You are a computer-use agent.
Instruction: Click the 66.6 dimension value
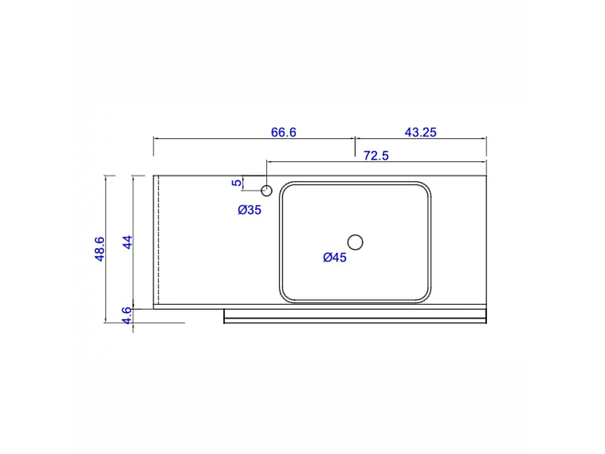(x=283, y=132)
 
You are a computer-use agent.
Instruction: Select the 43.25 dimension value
(x=420, y=132)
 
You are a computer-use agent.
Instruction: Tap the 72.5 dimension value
(x=376, y=156)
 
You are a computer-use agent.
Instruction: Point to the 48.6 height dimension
(x=99, y=249)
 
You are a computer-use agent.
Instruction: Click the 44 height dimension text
(x=128, y=242)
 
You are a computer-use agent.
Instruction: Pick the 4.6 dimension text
(x=127, y=315)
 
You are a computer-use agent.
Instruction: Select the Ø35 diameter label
(x=250, y=210)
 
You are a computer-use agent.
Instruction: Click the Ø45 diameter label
(x=335, y=257)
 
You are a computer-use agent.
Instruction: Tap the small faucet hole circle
(x=267, y=191)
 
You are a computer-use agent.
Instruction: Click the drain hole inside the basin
(x=355, y=242)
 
